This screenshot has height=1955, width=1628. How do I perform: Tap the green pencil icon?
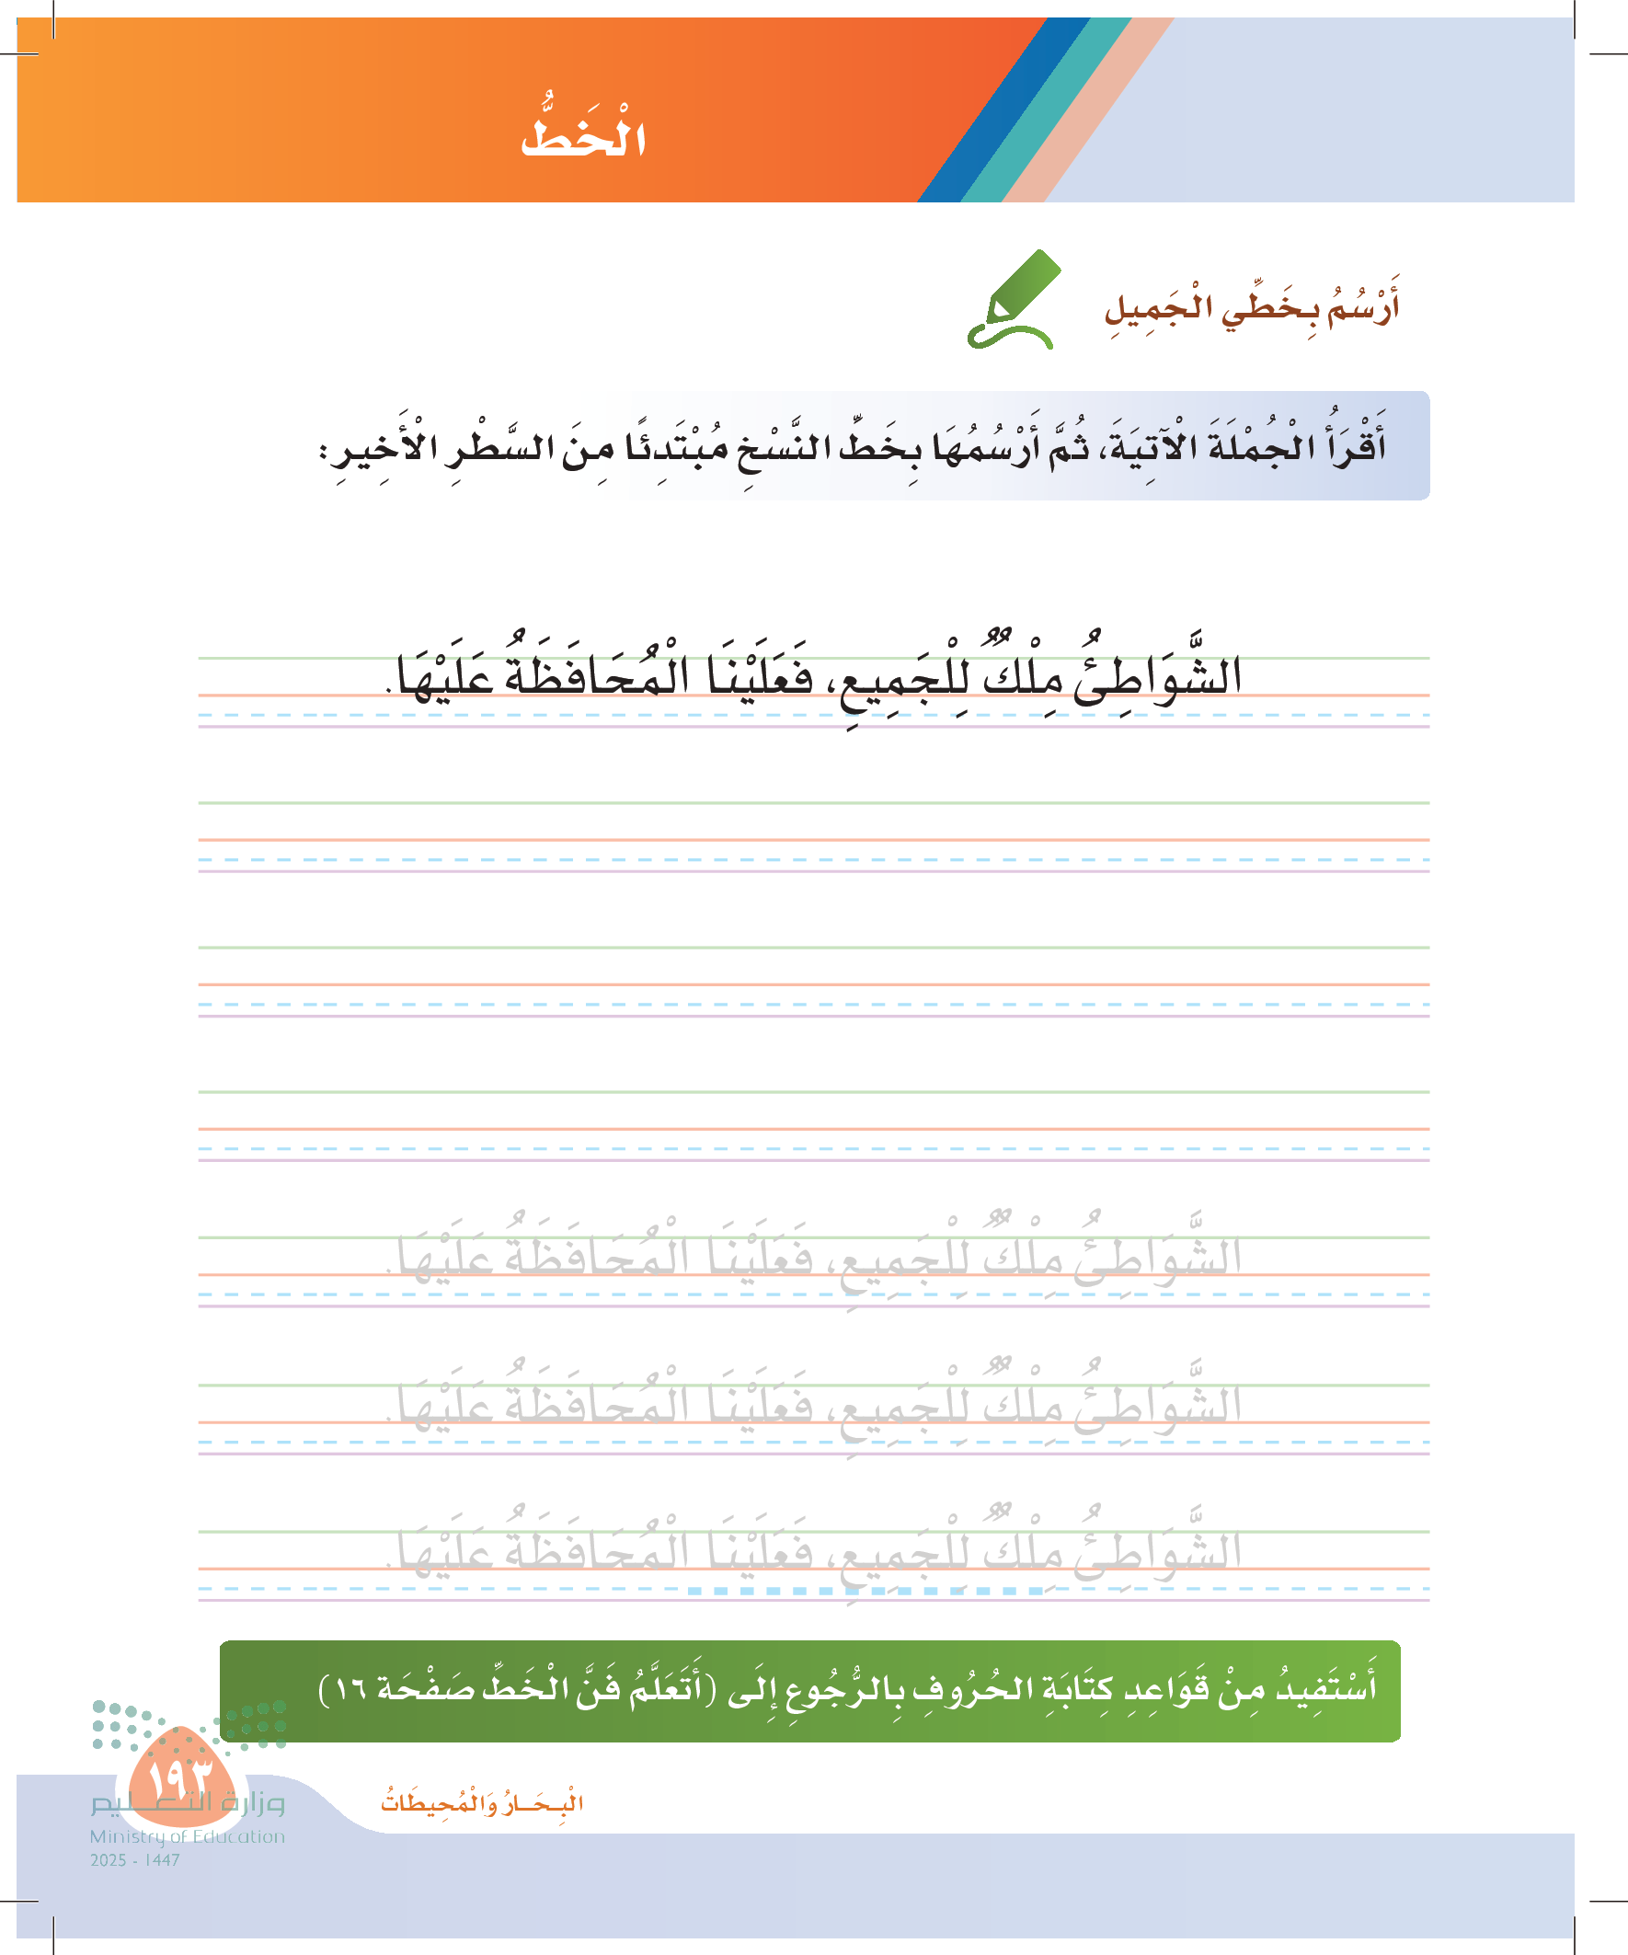1013,300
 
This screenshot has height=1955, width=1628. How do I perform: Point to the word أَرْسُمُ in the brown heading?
1363,308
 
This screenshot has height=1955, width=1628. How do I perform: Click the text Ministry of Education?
187,1836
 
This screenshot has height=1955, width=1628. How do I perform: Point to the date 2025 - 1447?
135,1860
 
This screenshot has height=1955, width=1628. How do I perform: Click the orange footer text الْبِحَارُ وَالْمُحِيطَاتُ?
481,1803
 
